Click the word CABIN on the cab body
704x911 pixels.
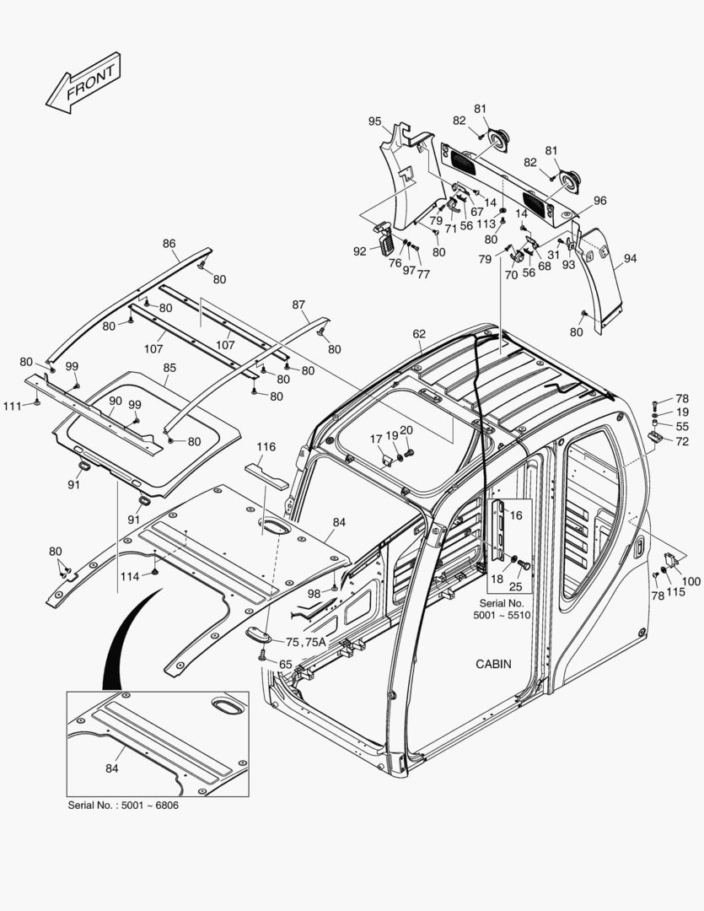493,664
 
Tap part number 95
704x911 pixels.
375,121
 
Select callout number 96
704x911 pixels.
599,201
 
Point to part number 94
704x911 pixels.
631,259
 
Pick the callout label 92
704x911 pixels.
360,251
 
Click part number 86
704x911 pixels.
169,244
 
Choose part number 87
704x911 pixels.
298,305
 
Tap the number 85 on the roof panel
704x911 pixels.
169,368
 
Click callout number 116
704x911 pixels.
266,446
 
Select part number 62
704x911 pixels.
419,334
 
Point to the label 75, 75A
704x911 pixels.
305,642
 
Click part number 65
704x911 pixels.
286,665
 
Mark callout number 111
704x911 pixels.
12,407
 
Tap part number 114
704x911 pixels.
129,577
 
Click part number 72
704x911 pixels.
682,441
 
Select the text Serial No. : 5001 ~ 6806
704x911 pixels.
123,805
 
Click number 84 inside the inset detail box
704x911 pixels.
113,768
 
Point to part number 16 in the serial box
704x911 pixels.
516,515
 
